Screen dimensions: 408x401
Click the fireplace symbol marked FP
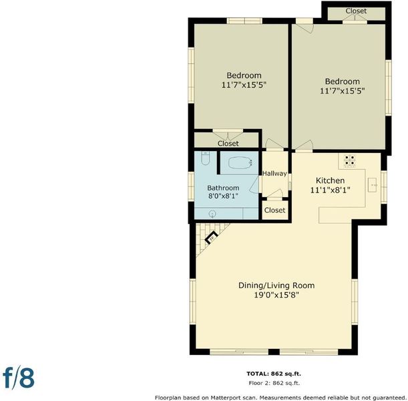pos(211,237)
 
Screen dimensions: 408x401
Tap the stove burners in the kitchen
pos(349,160)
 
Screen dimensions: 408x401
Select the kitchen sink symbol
pos(373,185)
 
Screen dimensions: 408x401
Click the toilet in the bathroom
pos(205,158)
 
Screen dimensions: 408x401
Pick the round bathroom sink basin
pos(212,214)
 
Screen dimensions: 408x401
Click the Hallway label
pos(274,173)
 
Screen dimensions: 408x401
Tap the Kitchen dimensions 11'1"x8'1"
pos(330,190)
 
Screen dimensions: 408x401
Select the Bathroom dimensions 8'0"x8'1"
pos(223,196)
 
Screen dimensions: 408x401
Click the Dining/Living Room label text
pos(276,285)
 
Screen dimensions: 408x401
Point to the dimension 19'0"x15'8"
pos(276,295)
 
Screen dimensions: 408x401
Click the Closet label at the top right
pos(356,11)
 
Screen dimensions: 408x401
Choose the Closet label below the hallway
pos(274,210)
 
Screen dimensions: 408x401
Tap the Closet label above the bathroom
pos(228,144)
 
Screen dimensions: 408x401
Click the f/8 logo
pos(19,378)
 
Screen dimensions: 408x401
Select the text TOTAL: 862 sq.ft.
pos(274,374)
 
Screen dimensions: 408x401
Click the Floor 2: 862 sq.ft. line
pos(274,383)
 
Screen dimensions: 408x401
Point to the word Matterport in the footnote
pos(227,398)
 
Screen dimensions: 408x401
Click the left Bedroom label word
pos(244,76)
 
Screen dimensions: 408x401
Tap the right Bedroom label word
pos(342,82)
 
